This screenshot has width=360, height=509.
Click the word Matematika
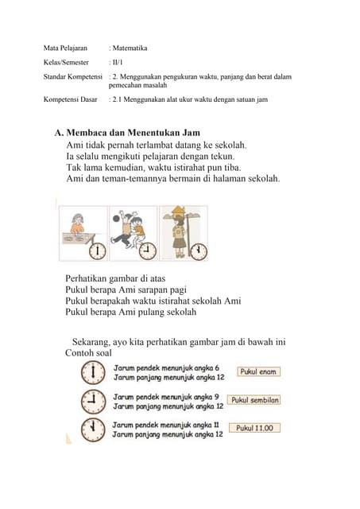[x=130, y=48]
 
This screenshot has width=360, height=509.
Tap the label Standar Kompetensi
[x=72, y=77]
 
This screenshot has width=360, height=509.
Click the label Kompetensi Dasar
[x=71, y=99]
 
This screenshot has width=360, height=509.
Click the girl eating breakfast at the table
[x=77, y=224]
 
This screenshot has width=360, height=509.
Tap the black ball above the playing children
[x=116, y=219]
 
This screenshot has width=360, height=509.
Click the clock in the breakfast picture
[x=98, y=251]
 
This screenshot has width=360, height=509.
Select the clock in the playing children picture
[x=148, y=251]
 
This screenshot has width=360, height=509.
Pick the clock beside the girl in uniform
[x=199, y=251]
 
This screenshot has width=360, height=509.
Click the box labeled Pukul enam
[x=258, y=371]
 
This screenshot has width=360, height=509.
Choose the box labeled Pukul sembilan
[x=254, y=400]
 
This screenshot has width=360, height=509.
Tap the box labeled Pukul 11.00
[x=254, y=428]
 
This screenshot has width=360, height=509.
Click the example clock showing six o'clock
[x=93, y=373]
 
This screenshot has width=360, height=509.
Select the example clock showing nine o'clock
[x=93, y=402]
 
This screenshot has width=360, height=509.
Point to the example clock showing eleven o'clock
[x=93, y=429]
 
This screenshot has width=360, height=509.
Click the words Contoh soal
[x=88, y=353]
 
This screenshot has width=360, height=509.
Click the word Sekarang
[x=91, y=342]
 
